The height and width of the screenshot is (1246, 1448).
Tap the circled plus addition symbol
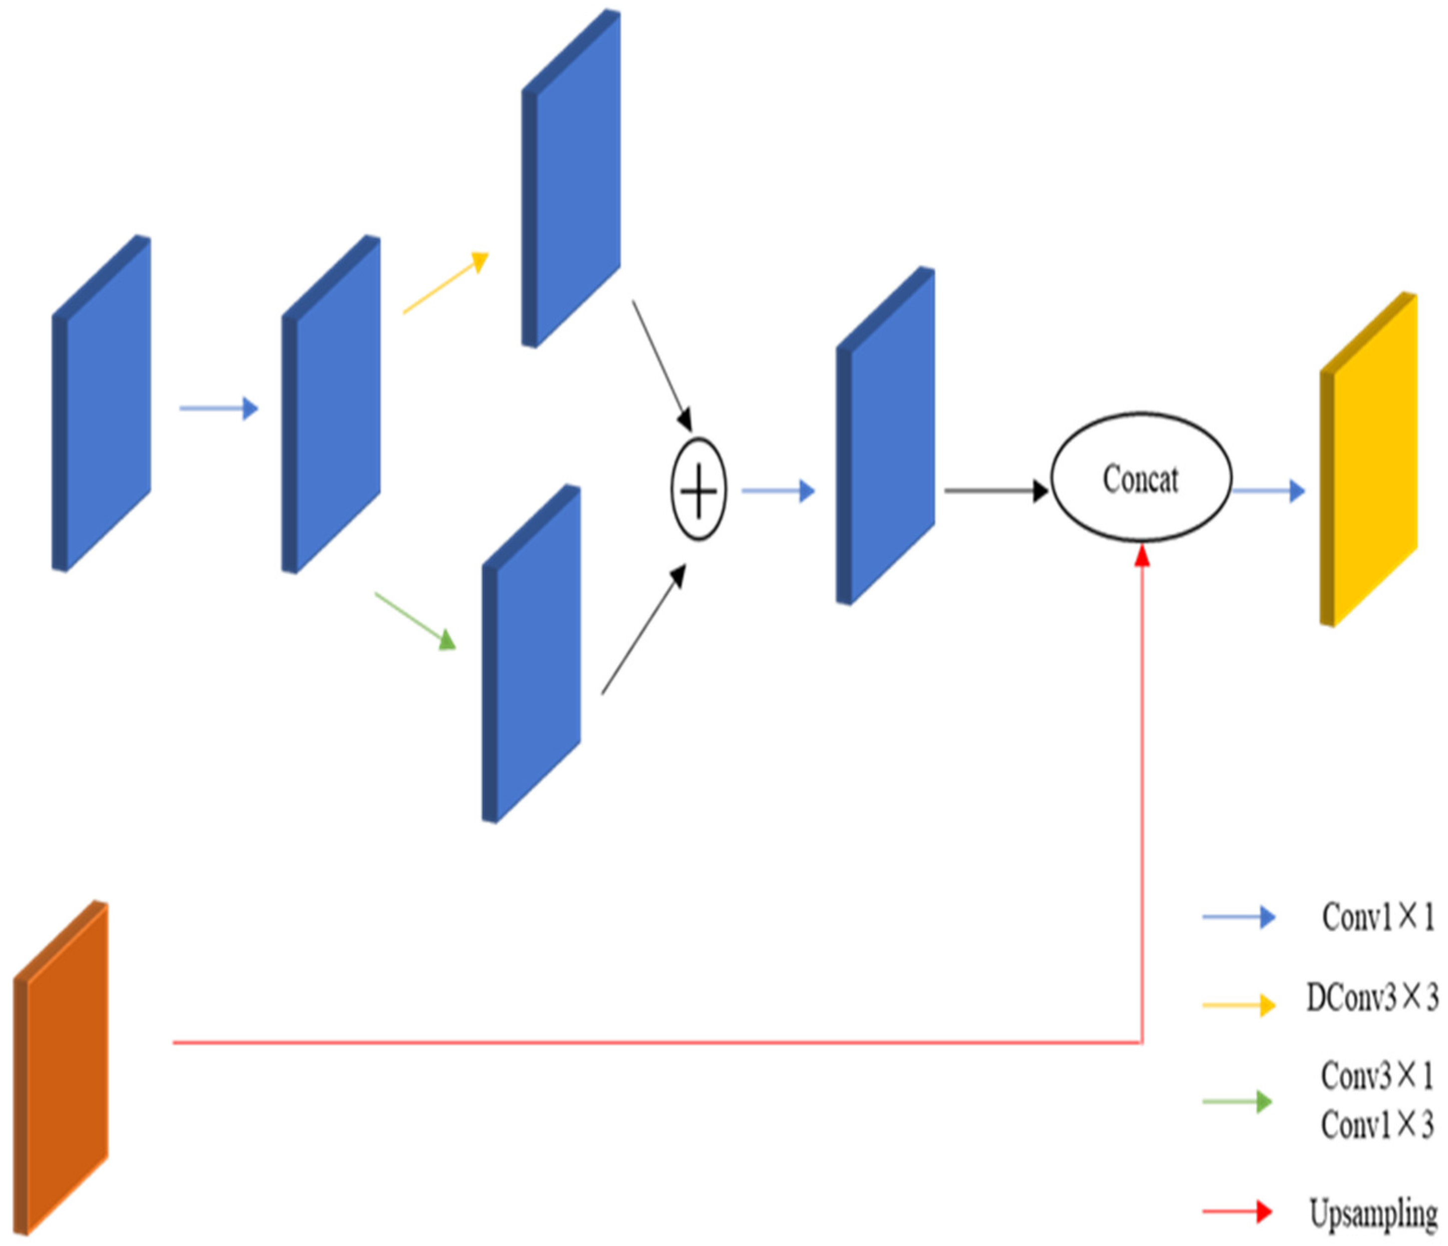[698, 490]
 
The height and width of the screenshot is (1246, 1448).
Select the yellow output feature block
[1368, 459]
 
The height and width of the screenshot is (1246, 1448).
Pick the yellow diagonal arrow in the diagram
[445, 283]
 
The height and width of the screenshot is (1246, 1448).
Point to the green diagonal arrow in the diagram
[415, 621]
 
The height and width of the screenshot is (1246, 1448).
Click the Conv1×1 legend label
[1377, 917]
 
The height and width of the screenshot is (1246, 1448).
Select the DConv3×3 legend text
[1372, 997]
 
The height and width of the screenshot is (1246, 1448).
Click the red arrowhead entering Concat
[1142, 557]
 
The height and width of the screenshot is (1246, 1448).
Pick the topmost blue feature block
[571, 179]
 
